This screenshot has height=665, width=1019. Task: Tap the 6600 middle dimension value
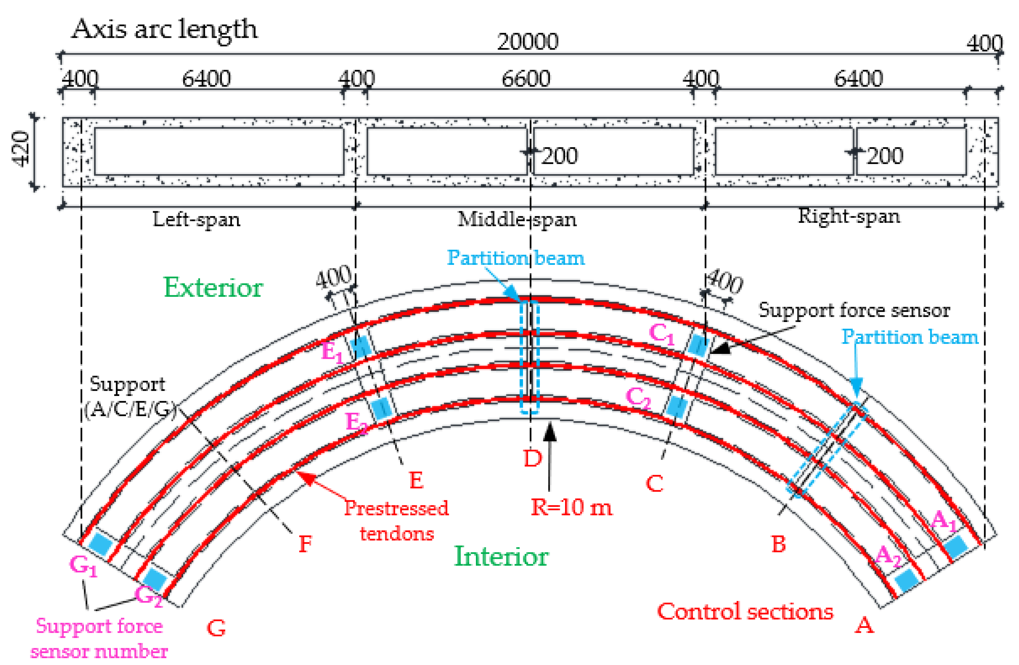(525, 79)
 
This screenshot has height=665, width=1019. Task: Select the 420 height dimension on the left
(21, 149)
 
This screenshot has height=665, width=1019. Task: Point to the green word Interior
(500, 557)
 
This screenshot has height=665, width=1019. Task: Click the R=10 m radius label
(571, 508)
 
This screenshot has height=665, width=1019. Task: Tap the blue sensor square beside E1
(361, 346)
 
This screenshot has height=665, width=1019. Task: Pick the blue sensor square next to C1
(698, 345)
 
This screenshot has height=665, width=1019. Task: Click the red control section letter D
(532, 459)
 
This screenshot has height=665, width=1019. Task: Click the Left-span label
(196, 220)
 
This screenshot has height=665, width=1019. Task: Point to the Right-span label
(849, 216)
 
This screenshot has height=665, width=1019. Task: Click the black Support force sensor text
(854, 310)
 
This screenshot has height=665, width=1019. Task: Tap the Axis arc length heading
(164, 30)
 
